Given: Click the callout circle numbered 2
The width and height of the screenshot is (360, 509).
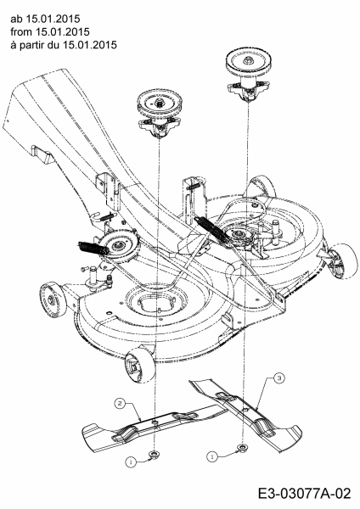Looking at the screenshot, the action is (120, 404).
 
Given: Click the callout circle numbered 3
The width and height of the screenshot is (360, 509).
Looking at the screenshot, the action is (279, 378).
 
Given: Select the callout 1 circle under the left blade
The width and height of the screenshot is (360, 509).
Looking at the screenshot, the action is (131, 462).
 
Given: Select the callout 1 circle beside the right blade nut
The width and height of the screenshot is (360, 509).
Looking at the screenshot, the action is (211, 456).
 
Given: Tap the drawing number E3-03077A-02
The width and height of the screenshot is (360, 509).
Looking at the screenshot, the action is (305, 494).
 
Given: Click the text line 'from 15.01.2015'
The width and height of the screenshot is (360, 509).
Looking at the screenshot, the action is (50, 32).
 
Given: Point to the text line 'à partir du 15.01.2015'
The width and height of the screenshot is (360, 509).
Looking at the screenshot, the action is (64, 44).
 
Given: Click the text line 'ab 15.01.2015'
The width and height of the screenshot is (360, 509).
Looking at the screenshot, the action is (45, 19).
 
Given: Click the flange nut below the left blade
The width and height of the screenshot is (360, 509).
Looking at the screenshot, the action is (152, 454).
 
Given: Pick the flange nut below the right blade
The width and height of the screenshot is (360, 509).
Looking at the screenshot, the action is (241, 448).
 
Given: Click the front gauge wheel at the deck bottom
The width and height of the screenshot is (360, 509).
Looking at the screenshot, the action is (140, 363).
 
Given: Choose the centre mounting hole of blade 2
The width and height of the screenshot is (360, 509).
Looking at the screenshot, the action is (154, 422).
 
